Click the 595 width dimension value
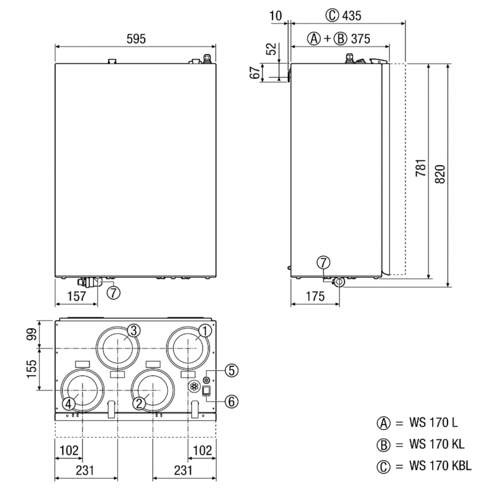click(x=136, y=38)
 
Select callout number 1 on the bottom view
click(x=205, y=330)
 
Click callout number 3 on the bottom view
click(x=134, y=330)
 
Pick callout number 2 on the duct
click(x=139, y=403)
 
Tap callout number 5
click(x=231, y=370)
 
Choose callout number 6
click(x=231, y=401)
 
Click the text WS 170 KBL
click(x=441, y=466)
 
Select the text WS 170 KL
click(x=436, y=444)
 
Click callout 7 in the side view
click(x=323, y=263)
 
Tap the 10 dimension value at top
click(x=274, y=14)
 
